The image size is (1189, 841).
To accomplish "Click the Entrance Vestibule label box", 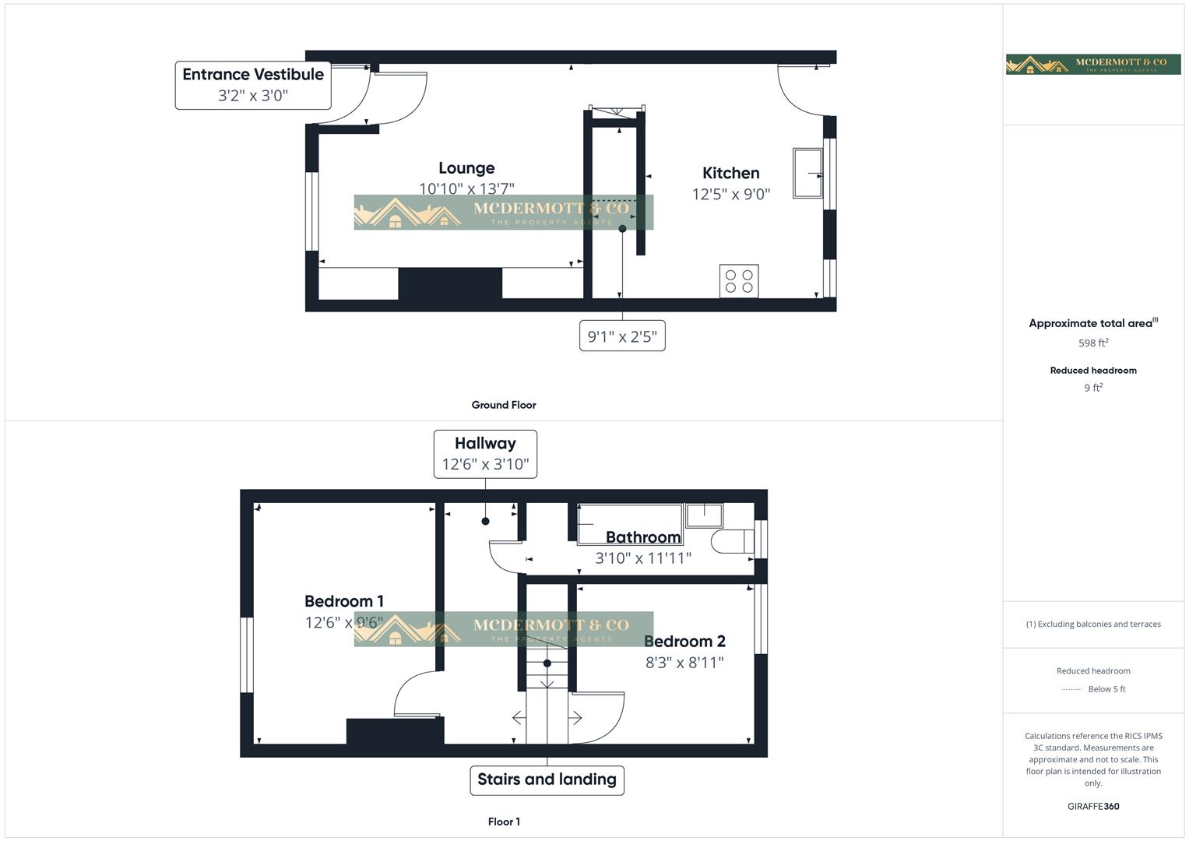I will click(253, 85).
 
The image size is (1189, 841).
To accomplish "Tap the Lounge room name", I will click(466, 168).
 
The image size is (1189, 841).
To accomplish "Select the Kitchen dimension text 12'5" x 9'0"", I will click(730, 194).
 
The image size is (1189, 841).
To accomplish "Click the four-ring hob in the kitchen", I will click(739, 281).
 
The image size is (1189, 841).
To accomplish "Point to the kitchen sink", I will click(807, 173).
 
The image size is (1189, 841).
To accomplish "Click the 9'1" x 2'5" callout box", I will click(622, 336).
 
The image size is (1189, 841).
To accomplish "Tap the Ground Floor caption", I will click(504, 405).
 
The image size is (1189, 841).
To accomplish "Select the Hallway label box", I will click(485, 453).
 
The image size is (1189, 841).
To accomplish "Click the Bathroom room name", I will click(643, 537).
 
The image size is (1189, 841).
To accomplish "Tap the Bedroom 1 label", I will click(343, 601).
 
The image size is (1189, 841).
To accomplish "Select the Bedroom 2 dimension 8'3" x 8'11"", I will click(684, 663).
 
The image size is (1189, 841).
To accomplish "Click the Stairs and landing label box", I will click(547, 779).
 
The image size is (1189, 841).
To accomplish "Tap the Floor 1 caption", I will click(504, 822).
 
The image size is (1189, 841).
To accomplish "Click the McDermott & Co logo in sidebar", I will click(1093, 64).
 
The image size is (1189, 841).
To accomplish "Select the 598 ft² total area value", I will click(1093, 343).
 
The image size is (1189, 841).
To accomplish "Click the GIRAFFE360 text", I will click(1093, 807).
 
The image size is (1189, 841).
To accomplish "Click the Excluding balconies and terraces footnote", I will click(1093, 624).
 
